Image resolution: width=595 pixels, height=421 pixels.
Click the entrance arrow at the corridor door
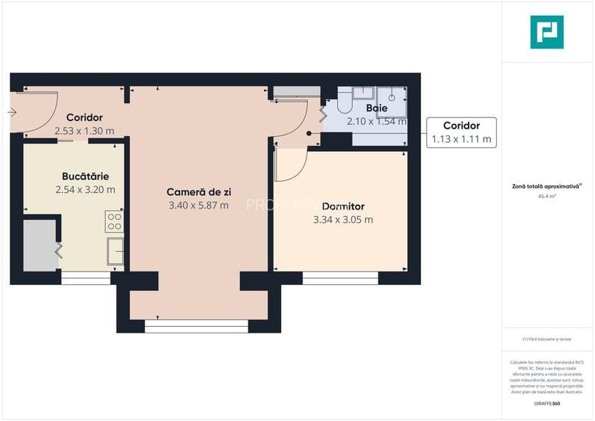(12, 113)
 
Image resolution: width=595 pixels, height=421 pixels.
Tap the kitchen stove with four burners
(114, 221)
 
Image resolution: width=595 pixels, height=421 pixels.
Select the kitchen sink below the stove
(115, 251)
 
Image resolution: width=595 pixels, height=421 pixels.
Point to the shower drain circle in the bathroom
(391, 96)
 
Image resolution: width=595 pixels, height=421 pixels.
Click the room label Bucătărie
(85, 176)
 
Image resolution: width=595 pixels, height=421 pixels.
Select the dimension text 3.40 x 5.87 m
(198, 206)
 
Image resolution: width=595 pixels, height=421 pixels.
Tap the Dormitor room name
(342, 206)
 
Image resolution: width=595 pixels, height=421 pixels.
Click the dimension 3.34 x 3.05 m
(342, 220)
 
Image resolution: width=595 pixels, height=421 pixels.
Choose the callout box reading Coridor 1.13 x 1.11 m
(460, 132)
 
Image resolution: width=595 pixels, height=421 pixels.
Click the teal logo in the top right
(546, 32)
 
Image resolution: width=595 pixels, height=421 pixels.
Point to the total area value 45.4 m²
(546, 196)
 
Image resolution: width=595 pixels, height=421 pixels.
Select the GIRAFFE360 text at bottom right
(546, 404)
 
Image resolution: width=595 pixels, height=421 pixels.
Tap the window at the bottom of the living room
(196, 326)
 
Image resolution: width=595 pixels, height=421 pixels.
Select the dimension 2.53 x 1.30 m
(84, 131)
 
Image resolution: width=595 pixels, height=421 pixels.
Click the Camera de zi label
(198, 192)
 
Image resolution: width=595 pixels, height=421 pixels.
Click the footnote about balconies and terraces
(546, 339)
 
